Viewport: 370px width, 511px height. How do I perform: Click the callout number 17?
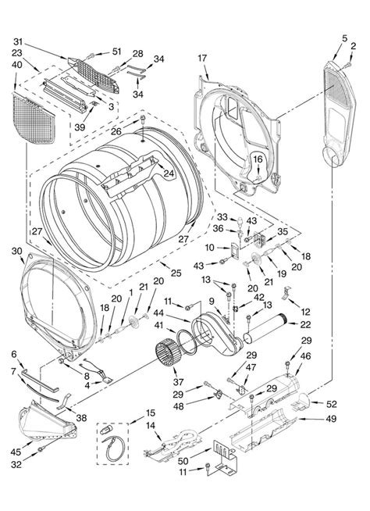tap(201, 58)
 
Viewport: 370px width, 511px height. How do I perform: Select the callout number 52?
tap(331, 404)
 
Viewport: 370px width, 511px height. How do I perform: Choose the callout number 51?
tap(117, 52)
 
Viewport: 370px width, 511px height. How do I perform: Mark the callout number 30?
tap(16, 250)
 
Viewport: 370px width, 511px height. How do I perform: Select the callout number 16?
tap(257, 159)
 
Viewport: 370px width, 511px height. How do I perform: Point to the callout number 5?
tap(345, 38)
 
